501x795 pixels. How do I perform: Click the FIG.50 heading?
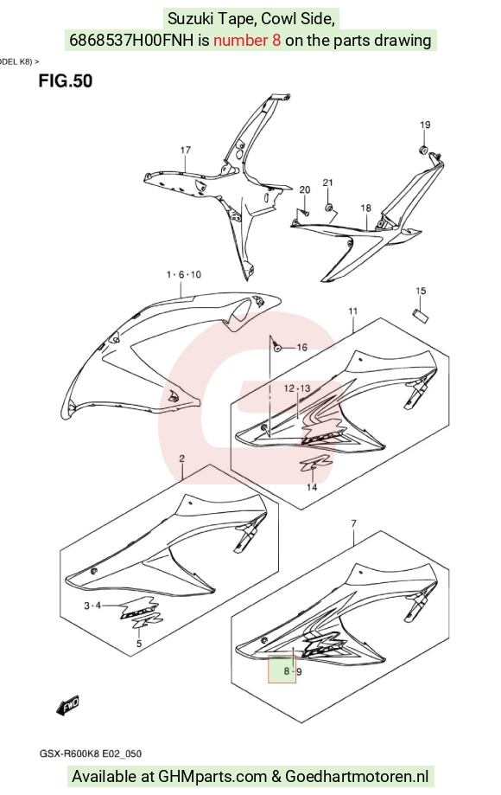point(66,80)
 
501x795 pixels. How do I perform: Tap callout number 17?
point(185,150)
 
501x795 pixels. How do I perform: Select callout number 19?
point(425,125)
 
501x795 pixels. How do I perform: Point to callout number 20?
point(305,190)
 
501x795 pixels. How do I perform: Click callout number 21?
point(328,183)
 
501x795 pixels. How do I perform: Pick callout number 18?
point(366,208)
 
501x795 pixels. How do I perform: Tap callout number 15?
point(421,291)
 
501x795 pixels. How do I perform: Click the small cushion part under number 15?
point(421,315)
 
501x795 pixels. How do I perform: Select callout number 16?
point(301,347)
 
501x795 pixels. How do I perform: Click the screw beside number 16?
point(276,348)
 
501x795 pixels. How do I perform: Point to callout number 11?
point(352,311)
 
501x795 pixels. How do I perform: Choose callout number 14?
point(312,487)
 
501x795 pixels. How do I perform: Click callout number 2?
point(181,458)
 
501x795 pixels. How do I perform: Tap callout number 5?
point(139,644)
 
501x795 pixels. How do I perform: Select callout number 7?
point(354,523)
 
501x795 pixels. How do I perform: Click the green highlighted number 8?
point(287,671)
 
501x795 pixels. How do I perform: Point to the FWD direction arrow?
point(68,705)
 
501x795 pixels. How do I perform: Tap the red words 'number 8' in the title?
point(247,40)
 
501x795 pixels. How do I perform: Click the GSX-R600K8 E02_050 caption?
point(91,753)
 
